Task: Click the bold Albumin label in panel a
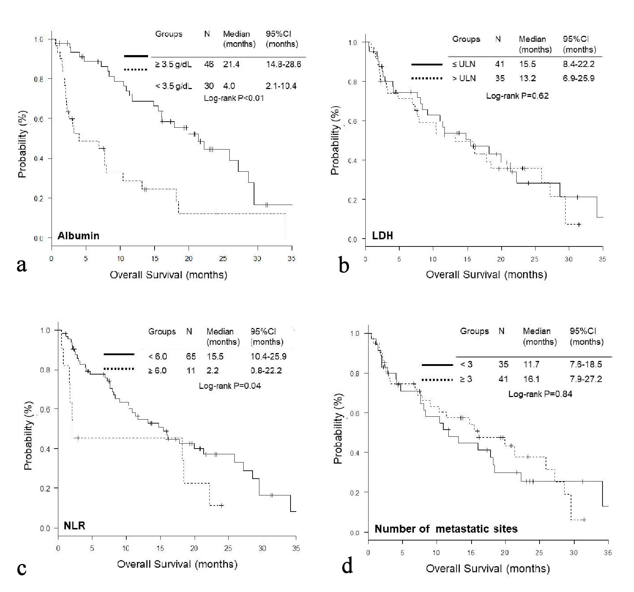point(78,236)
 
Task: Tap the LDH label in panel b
point(382,235)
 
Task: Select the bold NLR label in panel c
point(74,525)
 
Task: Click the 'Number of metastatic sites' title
point(446,529)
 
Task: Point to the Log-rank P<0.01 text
point(234,98)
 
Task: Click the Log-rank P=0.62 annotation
point(517,96)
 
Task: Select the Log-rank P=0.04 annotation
point(230,386)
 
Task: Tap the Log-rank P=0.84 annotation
point(540,394)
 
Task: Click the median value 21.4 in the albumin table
point(231,64)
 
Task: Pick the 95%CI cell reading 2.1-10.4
point(281,86)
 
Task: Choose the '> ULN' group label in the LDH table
point(464,78)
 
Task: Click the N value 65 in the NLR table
point(191,356)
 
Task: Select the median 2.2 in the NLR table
point(213,370)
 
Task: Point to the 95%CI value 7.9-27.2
point(586,378)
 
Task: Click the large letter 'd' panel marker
point(347,567)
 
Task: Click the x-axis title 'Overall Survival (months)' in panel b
point(486,275)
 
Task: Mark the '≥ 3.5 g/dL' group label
point(173,64)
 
